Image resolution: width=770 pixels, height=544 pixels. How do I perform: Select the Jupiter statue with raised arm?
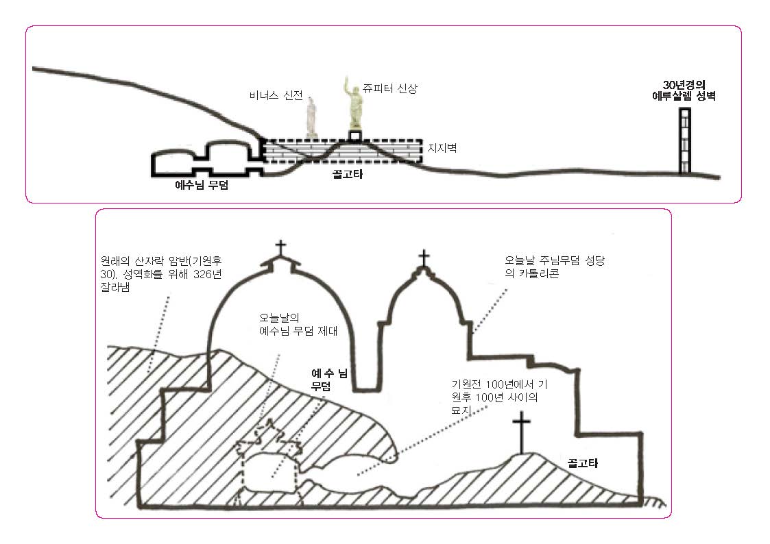[x=354, y=103]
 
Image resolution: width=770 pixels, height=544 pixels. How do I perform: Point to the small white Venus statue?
[x=313, y=117]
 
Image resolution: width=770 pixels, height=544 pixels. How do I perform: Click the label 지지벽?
[x=440, y=147]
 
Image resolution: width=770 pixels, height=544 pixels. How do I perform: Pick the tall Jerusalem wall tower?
[x=684, y=142]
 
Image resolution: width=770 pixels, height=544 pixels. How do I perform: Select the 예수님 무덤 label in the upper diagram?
[x=201, y=184]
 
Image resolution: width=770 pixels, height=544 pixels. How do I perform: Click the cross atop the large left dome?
[x=280, y=247]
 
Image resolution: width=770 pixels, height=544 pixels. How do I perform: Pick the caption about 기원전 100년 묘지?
[x=500, y=393]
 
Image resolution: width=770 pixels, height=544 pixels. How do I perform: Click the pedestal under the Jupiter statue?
[x=354, y=136]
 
